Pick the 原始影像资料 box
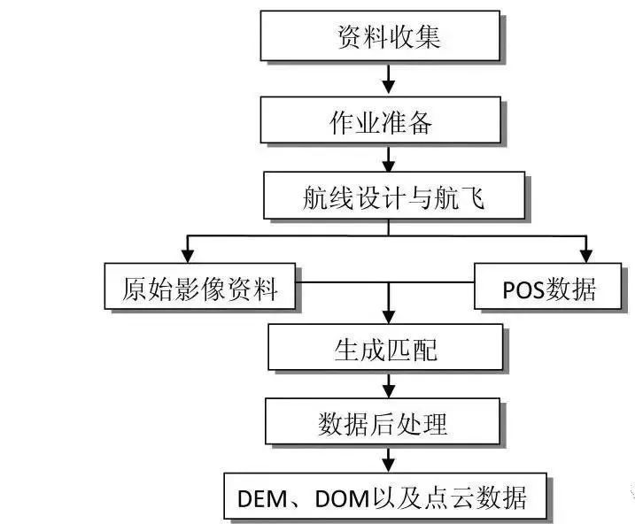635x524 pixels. pos(198,287)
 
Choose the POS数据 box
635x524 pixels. pos(548,287)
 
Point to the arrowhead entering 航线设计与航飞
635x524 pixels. pos(388,166)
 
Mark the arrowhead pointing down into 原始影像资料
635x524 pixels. pos(188,255)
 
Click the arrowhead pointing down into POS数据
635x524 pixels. pos(585,255)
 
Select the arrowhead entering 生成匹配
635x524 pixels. pos(387,316)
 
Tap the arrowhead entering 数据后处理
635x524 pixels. pos(387,390)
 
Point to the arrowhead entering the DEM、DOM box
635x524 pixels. pos(387,466)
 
